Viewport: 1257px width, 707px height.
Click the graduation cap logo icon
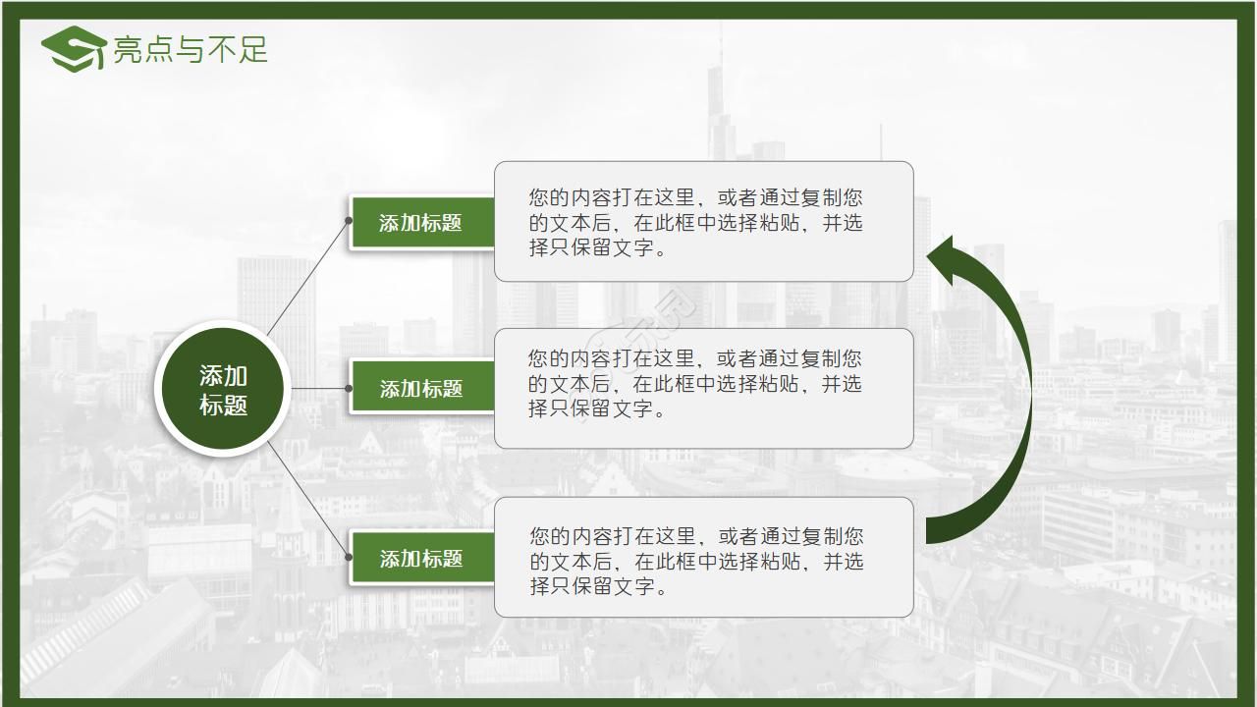(73, 48)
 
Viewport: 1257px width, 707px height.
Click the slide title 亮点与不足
(191, 49)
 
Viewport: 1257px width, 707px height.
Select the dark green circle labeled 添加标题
(224, 389)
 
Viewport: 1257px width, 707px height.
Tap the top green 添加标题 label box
(421, 222)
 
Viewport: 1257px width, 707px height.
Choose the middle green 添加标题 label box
(421, 389)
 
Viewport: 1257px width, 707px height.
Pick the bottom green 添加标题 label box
(421, 558)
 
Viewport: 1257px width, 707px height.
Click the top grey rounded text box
(703, 222)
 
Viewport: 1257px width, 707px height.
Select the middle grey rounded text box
(703, 389)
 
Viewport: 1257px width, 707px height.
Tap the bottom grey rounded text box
(703, 558)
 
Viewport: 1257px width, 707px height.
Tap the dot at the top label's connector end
(349, 221)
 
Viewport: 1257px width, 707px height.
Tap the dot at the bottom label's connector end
(349, 558)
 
